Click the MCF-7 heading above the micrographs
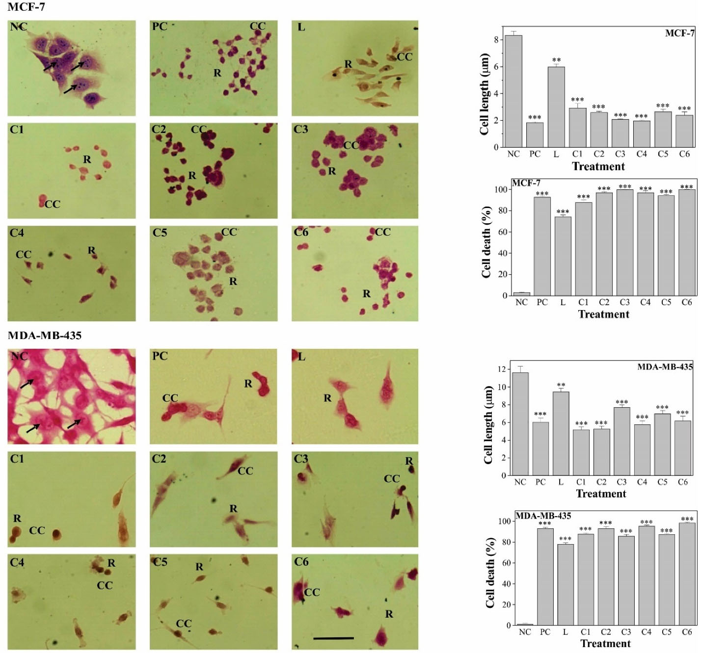click(x=27, y=7)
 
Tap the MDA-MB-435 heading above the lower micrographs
click(x=45, y=336)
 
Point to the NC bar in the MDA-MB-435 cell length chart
click(x=520, y=424)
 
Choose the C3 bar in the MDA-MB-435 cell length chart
click(x=621, y=442)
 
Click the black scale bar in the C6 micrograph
click(x=333, y=638)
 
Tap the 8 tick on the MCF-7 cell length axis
click(x=496, y=40)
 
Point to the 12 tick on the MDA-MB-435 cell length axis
click(x=502, y=369)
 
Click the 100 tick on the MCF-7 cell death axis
click(x=500, y=189)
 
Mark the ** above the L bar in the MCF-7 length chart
click(x=556, y=60)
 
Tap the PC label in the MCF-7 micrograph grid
click(x=160, y=26)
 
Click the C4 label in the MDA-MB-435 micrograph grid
click(x=17, y=562)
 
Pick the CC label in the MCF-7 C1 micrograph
click(x=53, y=204)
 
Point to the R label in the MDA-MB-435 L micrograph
click(x=327, y=398)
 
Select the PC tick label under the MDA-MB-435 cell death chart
click(x=545, y=632)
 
